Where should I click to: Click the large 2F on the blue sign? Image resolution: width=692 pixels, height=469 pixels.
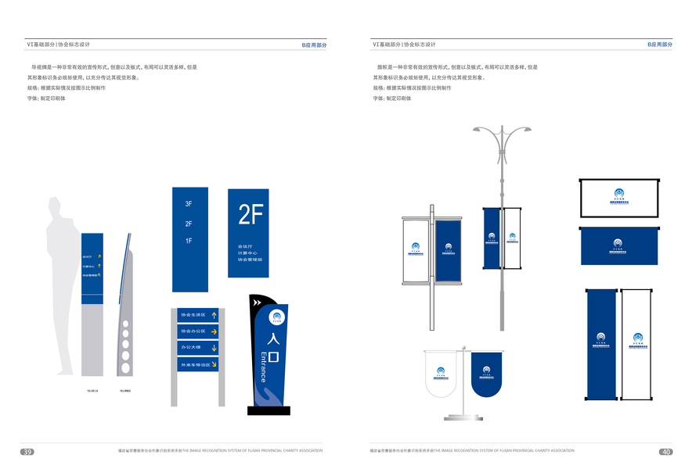coord(251,214)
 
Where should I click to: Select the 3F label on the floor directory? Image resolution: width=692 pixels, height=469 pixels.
coord(189,204)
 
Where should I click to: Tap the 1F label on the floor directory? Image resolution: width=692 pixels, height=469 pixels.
coord(189,241)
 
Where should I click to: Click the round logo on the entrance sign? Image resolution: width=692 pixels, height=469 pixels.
coord(276,317)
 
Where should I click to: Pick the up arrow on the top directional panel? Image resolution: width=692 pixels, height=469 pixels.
coord(214,314)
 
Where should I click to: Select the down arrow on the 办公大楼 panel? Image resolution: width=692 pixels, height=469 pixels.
coord(214,347)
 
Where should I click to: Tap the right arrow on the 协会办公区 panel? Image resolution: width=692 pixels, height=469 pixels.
coord(214,331)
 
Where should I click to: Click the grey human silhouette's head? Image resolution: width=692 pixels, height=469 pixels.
coord(55,207)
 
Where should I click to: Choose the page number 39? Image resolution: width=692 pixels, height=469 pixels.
coord(27,452)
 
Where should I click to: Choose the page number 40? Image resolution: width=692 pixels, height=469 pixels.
coord(665,452)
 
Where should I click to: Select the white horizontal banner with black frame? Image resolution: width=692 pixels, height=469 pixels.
coord(619,198)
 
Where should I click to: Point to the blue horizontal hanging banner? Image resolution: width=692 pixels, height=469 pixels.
coord(619,245)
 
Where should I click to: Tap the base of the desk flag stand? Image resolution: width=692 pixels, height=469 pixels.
coord(463,418)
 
